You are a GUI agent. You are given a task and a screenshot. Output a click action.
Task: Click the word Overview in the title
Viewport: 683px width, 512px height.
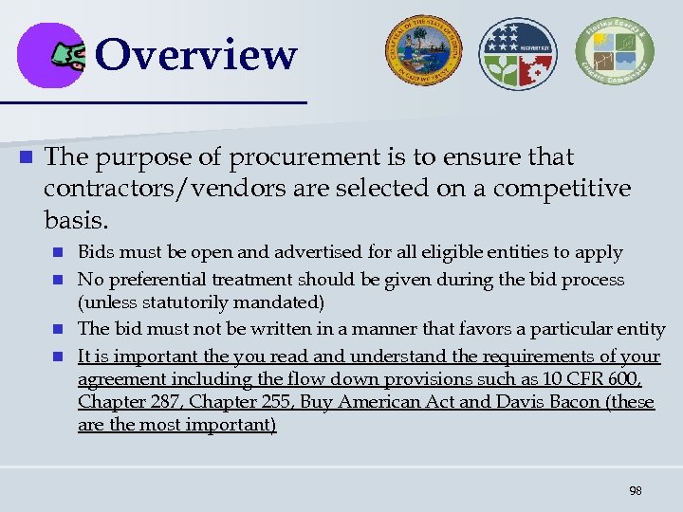pyautogui.click(x=196, y=54)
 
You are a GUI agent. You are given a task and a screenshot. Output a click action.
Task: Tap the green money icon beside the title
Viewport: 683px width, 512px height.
pyautogui.click(x=69, y=56)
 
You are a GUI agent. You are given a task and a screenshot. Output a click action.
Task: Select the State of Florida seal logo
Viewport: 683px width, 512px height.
pyautogui.click(x=423, y=53)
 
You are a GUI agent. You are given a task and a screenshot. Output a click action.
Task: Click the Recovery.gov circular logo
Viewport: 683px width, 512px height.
pyautogui.click(x=518, y=53)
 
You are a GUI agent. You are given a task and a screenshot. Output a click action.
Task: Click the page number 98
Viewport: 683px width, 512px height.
pyautogui.click(x=635, y=490)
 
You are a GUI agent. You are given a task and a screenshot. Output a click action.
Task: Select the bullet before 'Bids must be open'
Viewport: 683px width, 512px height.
pyautogui.click(x=58, y=253)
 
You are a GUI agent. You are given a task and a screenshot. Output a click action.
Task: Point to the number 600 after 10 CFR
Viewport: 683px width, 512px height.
pyautogui.click(x=626, y=379)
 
